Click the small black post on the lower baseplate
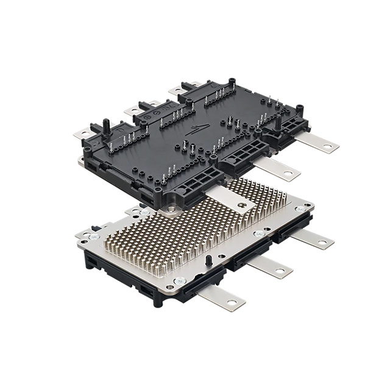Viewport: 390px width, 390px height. click(x=209, y=260)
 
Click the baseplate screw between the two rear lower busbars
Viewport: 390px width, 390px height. click(x=260, y=233)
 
